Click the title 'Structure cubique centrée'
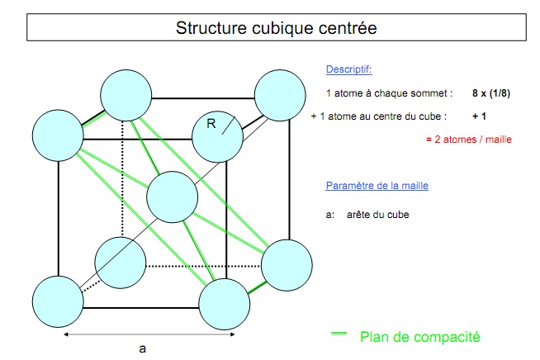point(276,28)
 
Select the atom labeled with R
point(217,131)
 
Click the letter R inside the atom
point(211,125)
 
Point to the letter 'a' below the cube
point(143,348)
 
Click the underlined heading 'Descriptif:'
point(349,69)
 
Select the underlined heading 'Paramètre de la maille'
point(377,186)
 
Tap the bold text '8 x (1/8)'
point(491,93)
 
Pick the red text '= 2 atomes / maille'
point(469,140)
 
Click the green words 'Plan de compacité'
point(419,336)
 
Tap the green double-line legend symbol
point(338,334)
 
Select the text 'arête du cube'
point(378,215)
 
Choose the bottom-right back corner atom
point(287,264)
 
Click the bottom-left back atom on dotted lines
point(121,262)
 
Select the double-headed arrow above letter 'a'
point(149,334)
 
